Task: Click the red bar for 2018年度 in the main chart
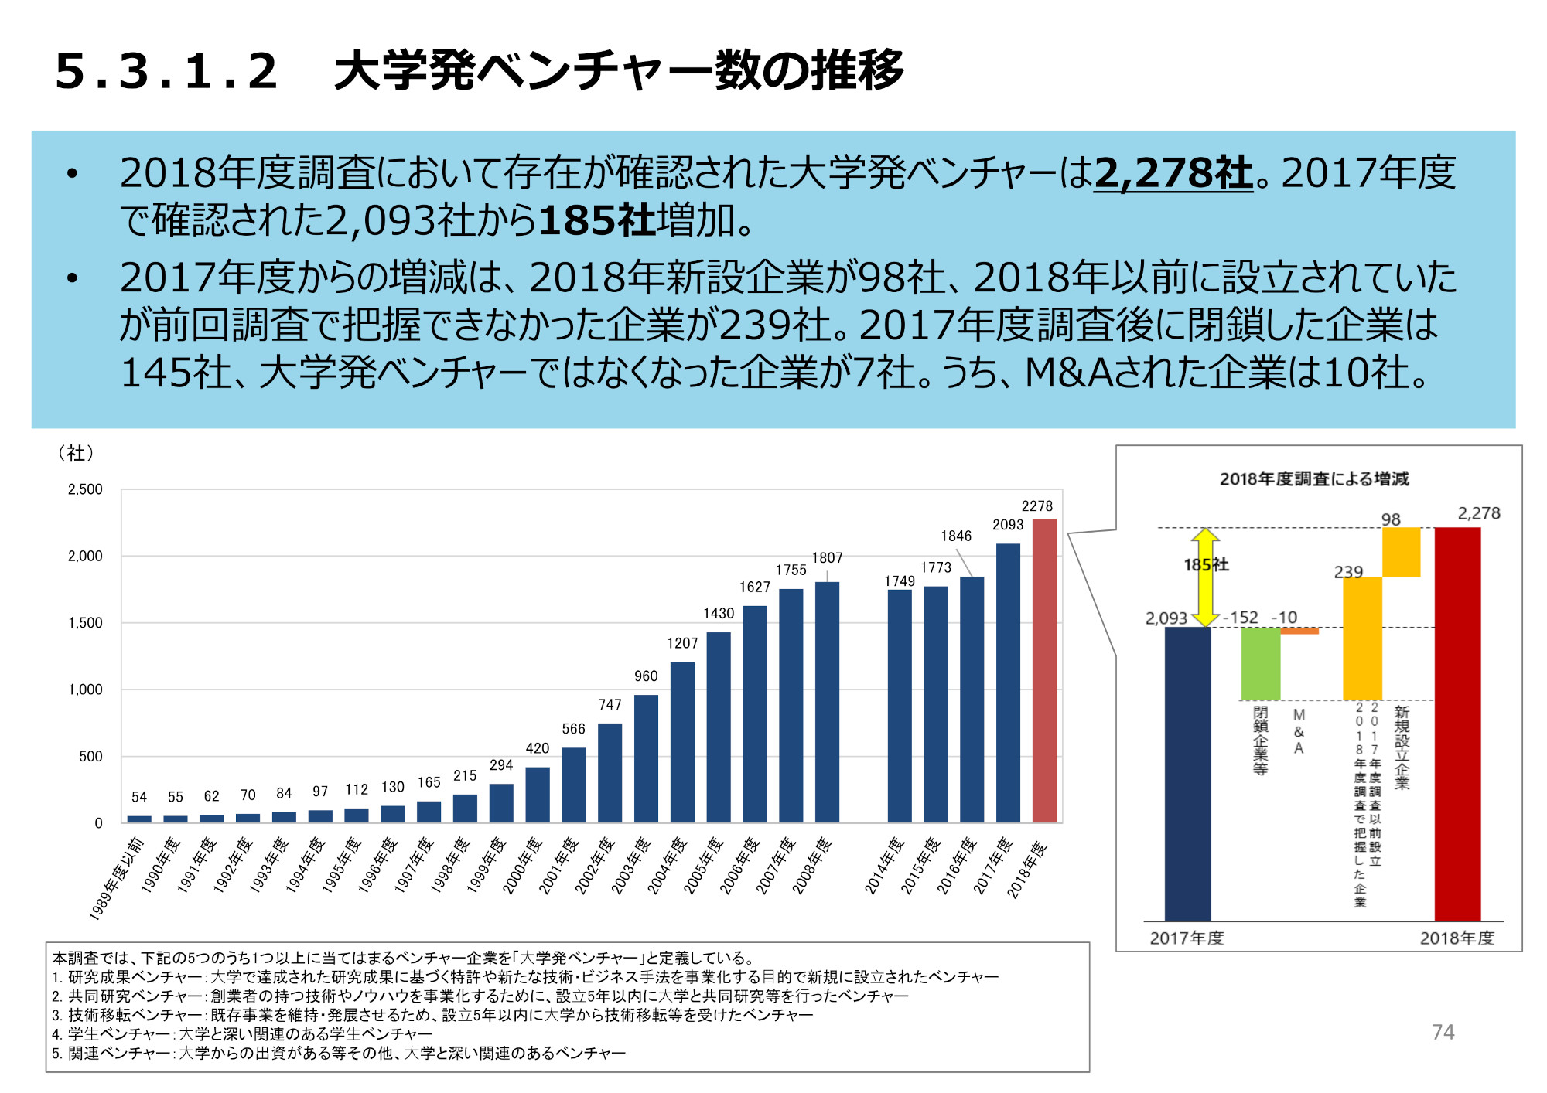click(1044, 671)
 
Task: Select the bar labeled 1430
click(718, 727)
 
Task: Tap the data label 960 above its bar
click(646, 676)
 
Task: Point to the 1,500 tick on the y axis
click(85, 623)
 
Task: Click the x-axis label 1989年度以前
click(116, 877)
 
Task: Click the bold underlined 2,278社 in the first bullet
click(1173, 172)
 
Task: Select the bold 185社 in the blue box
click(597, 220)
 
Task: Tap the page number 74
click(1443, 1032)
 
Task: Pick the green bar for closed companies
click(1260, 663)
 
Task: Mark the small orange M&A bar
click(1299, 631)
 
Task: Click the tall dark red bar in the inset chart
click(1457, 724)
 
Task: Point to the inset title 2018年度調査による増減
click(1314, 479)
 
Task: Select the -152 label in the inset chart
click(1241, 618)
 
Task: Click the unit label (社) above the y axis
click(76, 453)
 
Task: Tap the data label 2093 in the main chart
click(1008, 525)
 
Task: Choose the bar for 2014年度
click(900, 706)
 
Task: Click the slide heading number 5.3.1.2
click(166, 71)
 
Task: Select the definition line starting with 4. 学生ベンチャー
click(242, 1034)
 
